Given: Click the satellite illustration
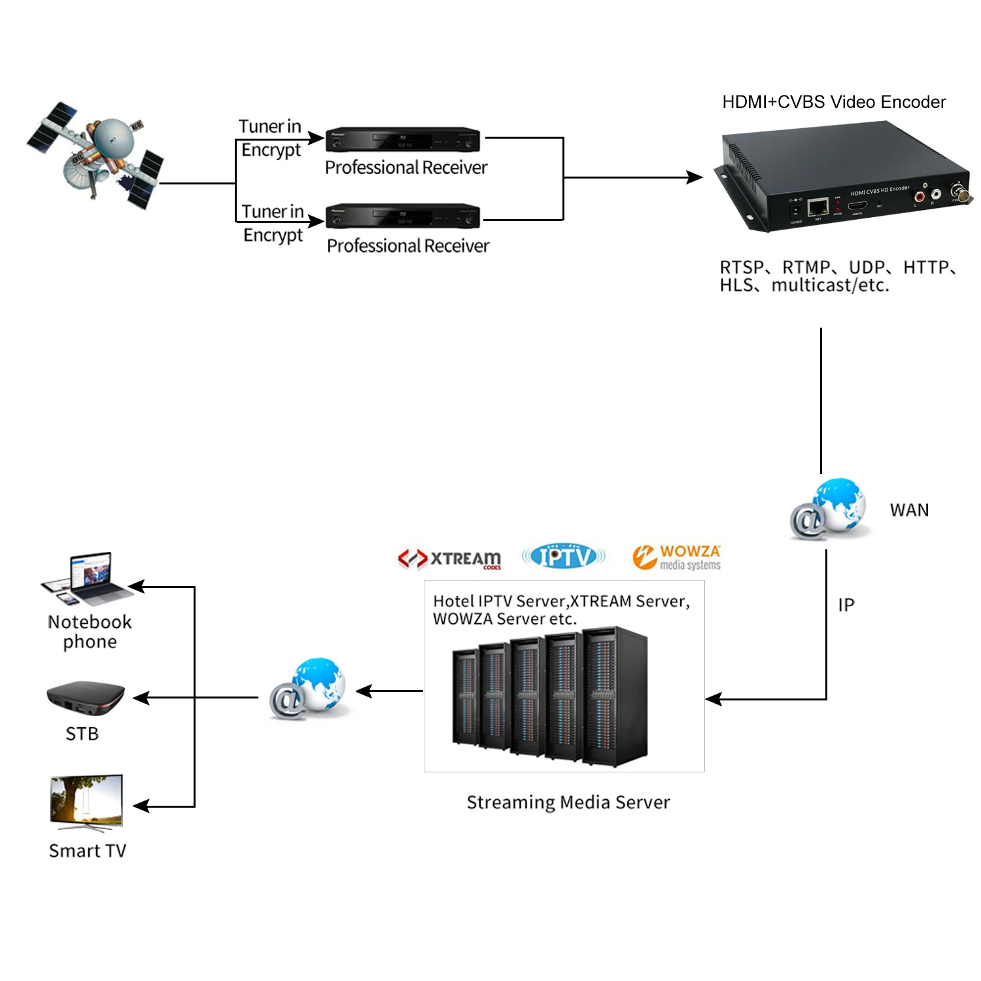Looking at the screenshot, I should pyautogui.click(x=98, y=154).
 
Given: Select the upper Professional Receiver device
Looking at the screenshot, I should pyautogui.click(x=403, y=139).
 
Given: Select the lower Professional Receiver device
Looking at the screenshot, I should pyautogui.click(x=403, y=216).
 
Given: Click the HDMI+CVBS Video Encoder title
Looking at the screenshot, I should pyautogui.click(x=834, y=102).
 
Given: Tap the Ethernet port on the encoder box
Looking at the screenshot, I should pyautogui.click(x=817, y=208).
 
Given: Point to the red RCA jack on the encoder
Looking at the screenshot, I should pyautogui.click(x=920, y=197).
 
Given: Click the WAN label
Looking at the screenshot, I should pyautogui.click(x=909, y=510).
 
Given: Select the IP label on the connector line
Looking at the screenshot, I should pyautogui.click(x=846, y=605).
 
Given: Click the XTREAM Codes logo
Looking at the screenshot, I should pyautogui.click(x=450, y=559).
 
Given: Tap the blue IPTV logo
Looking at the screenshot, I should pyautogui.click(x=563, y=557).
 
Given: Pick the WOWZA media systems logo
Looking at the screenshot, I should pyautogui.click(x=677, y=557).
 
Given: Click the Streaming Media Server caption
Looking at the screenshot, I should pyautogui.click(x=568, y=802).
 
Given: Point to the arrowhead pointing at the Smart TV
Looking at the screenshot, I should pyautogui.click(x=140, y=806).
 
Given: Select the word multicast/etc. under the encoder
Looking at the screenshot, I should pyautogui.click(x=830, y=285).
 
